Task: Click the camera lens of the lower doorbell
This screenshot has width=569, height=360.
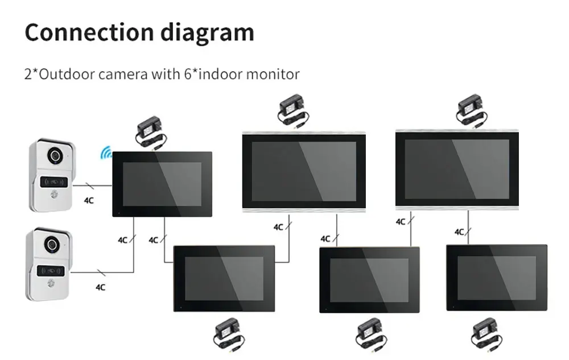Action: [x=51, y=244]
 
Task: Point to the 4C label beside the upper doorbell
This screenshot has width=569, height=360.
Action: [x=89, y=200]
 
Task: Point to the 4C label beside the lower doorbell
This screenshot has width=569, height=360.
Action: [x=100, y=287]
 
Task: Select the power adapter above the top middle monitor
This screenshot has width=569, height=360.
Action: [x=292, y=110]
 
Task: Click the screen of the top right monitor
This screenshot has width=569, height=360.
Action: [x=456, y=169]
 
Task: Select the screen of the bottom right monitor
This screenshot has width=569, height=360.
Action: [x=496, y=278]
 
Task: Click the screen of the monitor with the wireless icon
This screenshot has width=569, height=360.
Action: [x=162, y=184]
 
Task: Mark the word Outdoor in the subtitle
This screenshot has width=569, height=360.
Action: [x=62, y=74]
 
